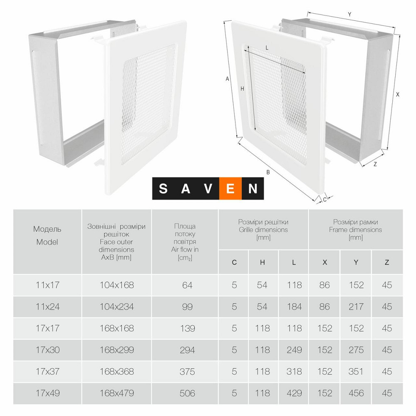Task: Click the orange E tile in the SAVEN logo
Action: tap(230, 188)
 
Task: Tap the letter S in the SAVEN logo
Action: tap(163, 188)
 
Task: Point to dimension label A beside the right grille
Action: tap(227, 79)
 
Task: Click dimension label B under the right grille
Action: tap(268, 172)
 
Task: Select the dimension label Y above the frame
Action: tap(349, 15)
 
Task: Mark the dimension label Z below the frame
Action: tap(375, 164)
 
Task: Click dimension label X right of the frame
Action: tap(397, 94)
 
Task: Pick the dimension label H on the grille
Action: tap(242, 89)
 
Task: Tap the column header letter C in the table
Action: tap(234, 262)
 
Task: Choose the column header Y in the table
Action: tap(356, 262)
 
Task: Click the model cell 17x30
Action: tap(48, 350)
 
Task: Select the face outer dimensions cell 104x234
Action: tap(117, 307)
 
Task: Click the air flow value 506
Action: tap(187, 393)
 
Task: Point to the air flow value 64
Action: tap(187, 285)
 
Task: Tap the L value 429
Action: tap(294, 393)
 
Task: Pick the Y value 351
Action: tap(356, 371)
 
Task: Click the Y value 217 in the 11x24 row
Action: tap(356, 307)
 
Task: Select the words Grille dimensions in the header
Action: tap(263, 230)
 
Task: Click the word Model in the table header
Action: tap(47, 242)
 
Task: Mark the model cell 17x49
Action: tap(48, 393)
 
